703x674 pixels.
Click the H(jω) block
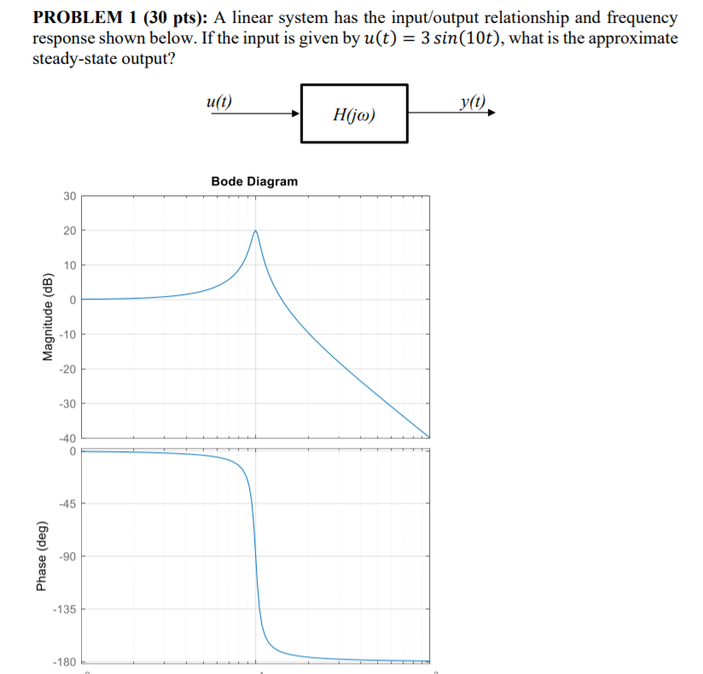pos(353,113)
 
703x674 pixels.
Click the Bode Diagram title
pos(254,181)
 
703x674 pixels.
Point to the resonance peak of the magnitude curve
pos(254,230)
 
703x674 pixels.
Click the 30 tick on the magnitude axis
pos(69,196)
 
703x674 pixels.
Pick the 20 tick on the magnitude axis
pos(69,230)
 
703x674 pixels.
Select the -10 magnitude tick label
pos(67,334)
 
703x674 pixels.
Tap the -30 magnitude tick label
pos(67,403)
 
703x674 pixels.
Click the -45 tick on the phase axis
pos(67,504)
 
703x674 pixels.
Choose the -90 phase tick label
pos(67,556)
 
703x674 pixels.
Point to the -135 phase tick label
pos(65,609)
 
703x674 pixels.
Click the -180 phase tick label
pos(65,661)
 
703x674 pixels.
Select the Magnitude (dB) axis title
pos(48,317)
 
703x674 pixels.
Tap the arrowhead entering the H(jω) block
pos(295,113)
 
